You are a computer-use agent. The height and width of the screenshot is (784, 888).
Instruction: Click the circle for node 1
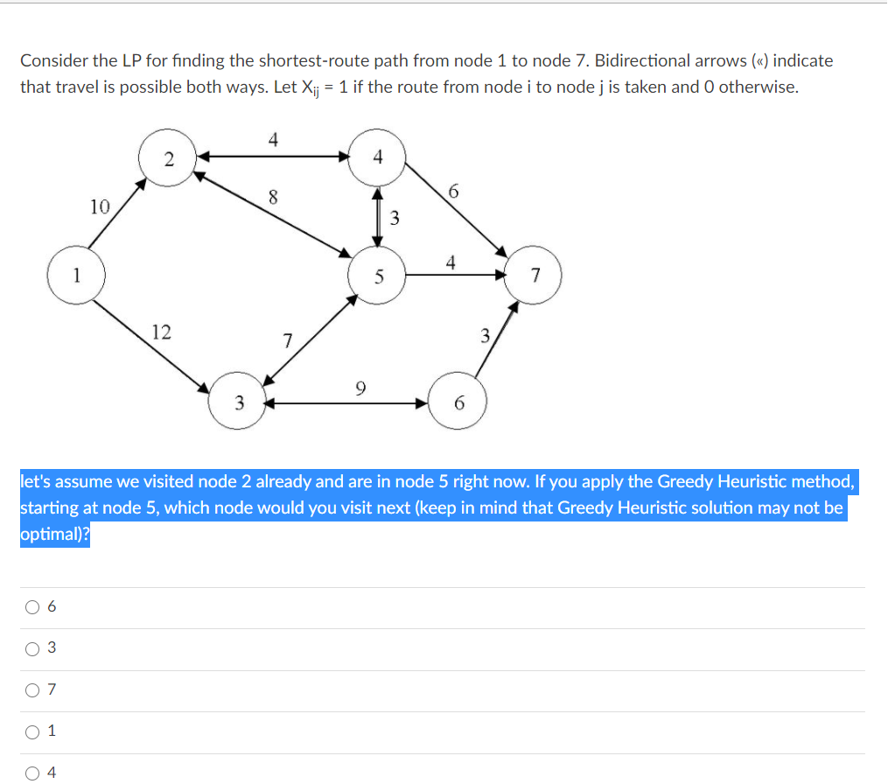coord(77,275)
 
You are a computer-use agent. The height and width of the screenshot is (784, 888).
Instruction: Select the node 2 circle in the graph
coord(168,158)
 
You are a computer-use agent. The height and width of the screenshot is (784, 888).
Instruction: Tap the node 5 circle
coord(378,276)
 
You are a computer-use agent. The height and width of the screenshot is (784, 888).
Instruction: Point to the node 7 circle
coord(535,276)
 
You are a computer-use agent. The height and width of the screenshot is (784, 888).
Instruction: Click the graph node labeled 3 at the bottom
coord(238,403)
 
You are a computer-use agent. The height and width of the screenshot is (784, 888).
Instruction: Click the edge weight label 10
coord(100,207)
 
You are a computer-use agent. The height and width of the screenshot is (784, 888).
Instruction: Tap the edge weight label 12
coord(161,332)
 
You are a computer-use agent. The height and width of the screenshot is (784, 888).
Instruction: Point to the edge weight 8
coord(273,198)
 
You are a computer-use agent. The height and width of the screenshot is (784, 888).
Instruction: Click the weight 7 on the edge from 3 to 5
coord(287,339)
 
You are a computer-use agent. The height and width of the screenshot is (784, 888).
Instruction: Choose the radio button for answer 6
coord(32,606)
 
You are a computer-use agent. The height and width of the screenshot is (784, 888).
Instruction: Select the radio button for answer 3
coord(32,648)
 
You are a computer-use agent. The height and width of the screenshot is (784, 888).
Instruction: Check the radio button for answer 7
coord(32,690)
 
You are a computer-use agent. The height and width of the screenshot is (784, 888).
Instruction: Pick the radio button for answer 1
coord(32,731)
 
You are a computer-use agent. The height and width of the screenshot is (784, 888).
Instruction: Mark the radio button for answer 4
coord(32,772)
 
